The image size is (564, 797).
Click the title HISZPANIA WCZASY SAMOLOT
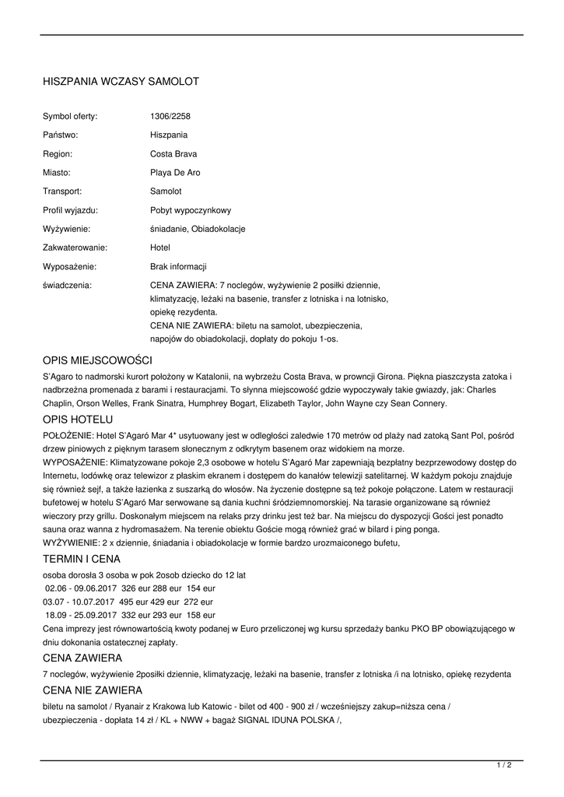pos(121,81)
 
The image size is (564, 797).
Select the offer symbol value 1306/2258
pos(170,117)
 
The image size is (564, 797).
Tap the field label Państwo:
pos(61,135)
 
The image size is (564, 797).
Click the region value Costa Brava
pos(173,154)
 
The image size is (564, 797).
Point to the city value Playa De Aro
pos(175,173)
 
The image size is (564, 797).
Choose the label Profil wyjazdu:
pos(70,210)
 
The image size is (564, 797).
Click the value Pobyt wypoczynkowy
pos(191,210)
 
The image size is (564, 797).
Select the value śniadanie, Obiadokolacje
pos(198,229)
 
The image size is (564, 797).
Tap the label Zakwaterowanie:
pos(75,248)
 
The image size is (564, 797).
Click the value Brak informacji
pos(178,266)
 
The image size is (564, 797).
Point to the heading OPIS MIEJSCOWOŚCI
pos(97,361)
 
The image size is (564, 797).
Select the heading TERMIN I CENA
pos(82,559)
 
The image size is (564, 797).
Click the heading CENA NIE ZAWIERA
pos(93,690)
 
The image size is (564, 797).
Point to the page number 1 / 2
pos(504,765)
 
